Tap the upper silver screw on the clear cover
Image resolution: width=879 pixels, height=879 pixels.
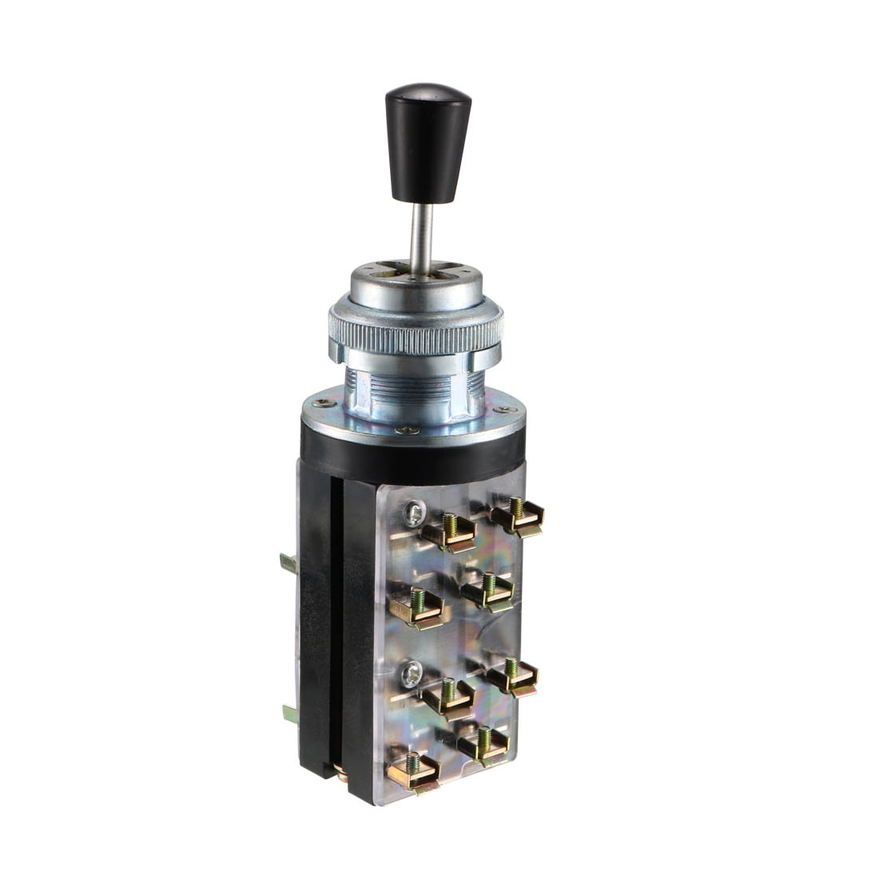[x=414, y=511]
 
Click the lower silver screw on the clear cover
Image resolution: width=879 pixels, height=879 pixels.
[x=411, y=676]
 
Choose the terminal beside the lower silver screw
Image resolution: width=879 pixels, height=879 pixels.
[x=447, y=697]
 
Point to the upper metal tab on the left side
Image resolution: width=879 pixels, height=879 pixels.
[x=288, y=563]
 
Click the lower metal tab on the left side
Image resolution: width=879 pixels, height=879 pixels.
[x=290, y=712]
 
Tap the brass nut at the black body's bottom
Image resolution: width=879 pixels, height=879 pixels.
[x=341, y=772]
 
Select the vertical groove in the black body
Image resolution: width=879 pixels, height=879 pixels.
[x=336, y=623]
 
